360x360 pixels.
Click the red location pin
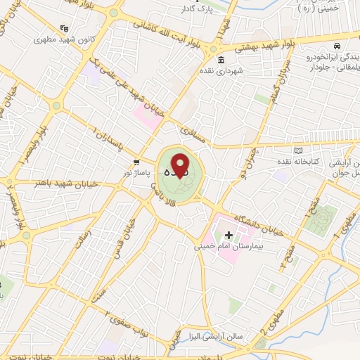(x=181, y=165)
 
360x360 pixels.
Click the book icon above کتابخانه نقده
(x=298, y=150)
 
